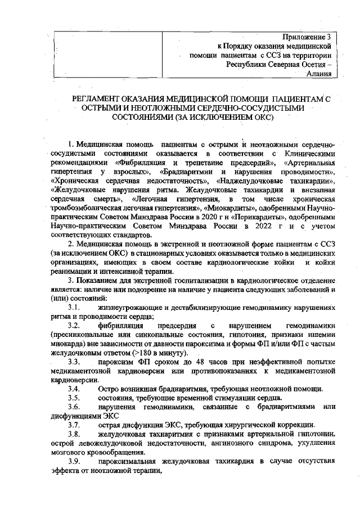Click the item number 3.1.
[x=74, y=308]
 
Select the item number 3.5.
[x=74, y=398]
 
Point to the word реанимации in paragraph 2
[x=70, y=271]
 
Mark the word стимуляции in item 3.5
[x=235, y=398]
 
